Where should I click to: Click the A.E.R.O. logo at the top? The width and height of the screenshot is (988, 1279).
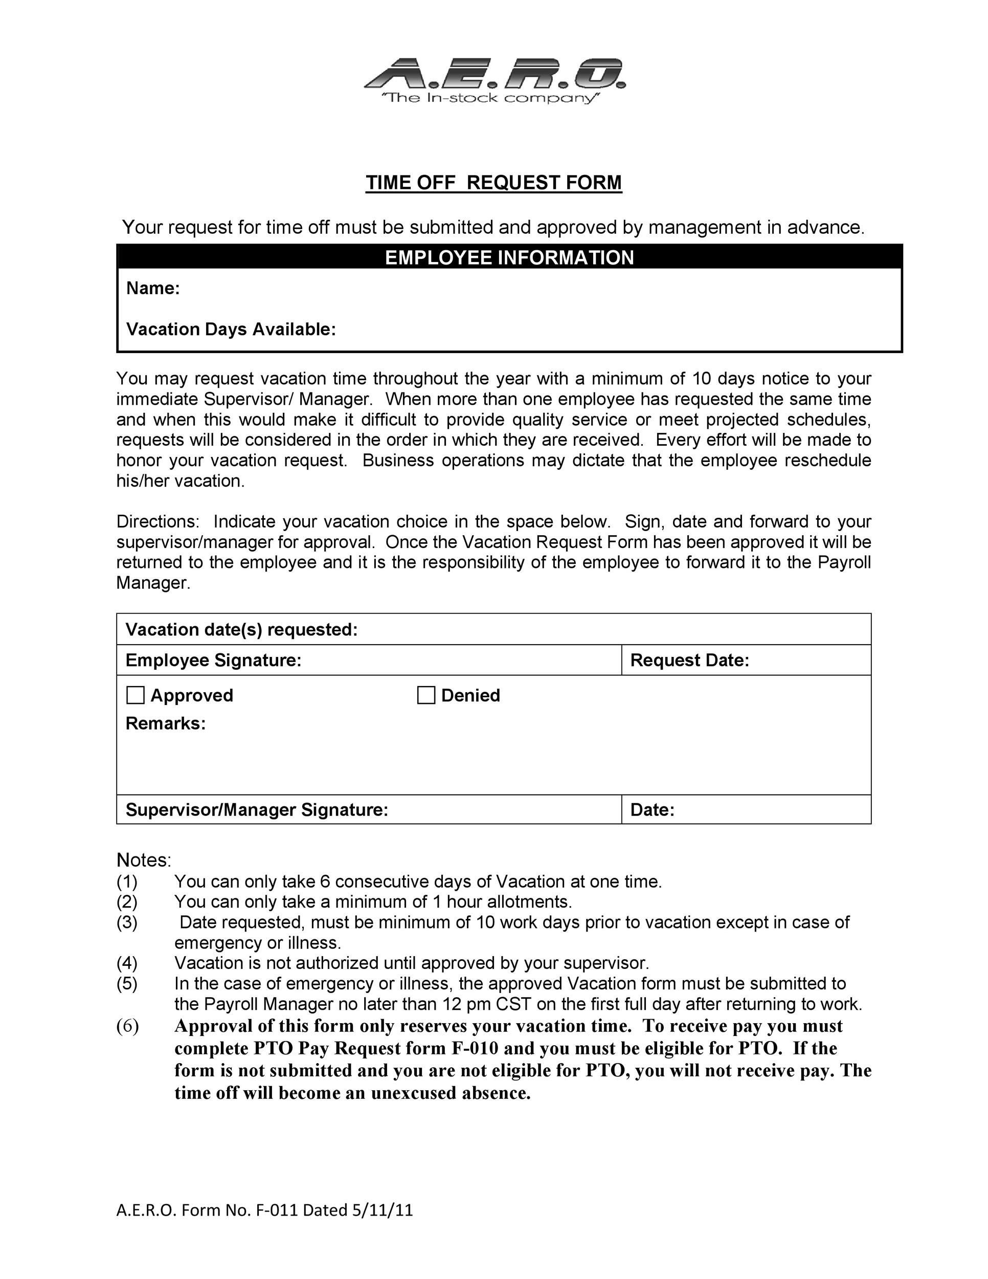pos(495,73)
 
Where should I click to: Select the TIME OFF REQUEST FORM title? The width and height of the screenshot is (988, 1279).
pos(493,183)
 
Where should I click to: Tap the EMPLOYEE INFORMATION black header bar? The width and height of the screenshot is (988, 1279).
pos(509,258)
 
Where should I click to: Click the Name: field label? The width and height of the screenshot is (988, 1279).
pos(153,288)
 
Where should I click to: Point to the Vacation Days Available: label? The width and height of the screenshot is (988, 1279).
pos(231,329)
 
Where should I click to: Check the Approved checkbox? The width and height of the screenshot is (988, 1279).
pos(135,695)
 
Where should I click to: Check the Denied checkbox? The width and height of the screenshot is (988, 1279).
pos(426,695)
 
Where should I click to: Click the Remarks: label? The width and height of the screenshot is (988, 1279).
pos(166,724)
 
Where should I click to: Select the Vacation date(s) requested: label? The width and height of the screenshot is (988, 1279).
pos(241,630)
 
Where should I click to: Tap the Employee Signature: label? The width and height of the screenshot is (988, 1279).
pos(213,660)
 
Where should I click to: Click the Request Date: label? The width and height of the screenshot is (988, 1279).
pos(689,660)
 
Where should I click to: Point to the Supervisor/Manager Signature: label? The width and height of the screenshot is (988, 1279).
pos(257,810)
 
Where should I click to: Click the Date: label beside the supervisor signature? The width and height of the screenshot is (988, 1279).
pos(652,810)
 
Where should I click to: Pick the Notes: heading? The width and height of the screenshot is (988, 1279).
pos(143,861)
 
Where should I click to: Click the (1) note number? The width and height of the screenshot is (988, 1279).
pos(127,881)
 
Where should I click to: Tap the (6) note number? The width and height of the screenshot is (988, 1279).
pos(128,1026)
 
